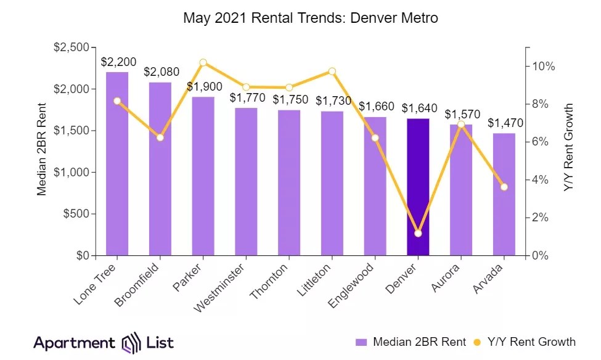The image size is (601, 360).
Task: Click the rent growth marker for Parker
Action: coord(203,62)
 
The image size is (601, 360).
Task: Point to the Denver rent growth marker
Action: coord(418,234)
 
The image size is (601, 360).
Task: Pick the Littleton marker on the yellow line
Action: coord(332,72)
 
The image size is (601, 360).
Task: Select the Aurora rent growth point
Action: coord(461,125)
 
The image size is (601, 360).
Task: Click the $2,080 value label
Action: coord(161,72)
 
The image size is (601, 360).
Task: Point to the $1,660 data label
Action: coord(375,106)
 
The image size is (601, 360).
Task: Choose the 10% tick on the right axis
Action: coord(545,66)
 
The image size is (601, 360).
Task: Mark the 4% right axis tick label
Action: coord(542,180)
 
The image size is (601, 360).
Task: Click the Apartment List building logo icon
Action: coord(131,343)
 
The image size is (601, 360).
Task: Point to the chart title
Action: coord(311,18)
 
